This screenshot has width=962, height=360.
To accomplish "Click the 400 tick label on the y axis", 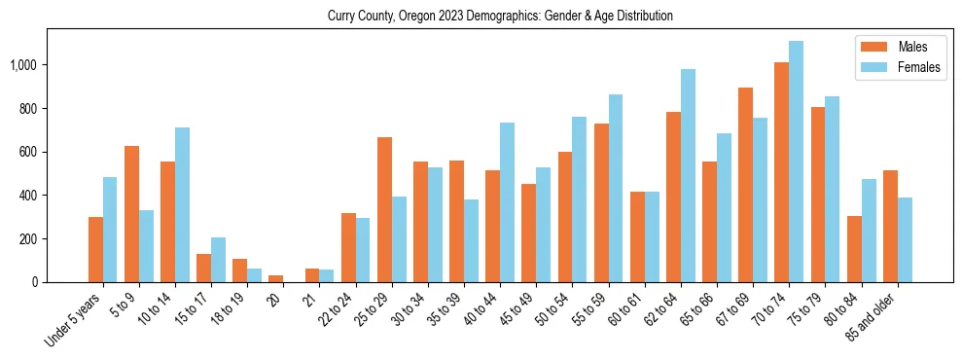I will point(29,196).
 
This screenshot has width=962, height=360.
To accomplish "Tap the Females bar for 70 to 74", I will point(796,162).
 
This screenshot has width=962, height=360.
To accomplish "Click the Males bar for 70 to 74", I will point(781,172).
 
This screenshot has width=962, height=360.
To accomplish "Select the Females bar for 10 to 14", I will point(182,205).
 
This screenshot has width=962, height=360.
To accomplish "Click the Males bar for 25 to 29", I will point(384,210).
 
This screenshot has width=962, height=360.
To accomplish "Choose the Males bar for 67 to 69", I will point(745,185).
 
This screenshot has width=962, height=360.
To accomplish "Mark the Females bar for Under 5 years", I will point(110,230).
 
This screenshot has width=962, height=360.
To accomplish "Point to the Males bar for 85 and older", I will point(890,227).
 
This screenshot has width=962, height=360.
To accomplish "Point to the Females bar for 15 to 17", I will point(218,260).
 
